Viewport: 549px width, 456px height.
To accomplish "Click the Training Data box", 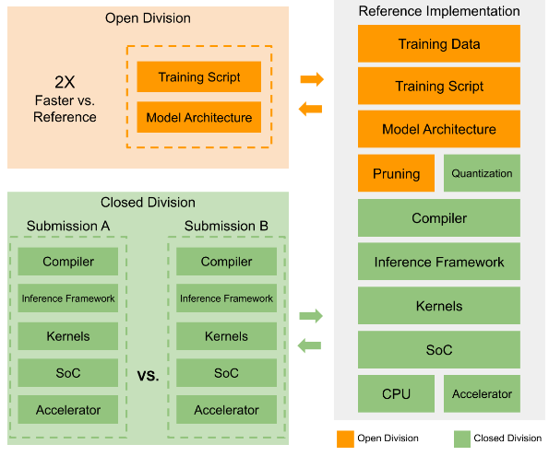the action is [438, 43].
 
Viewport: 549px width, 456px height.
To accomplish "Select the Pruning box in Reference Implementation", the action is [396, 173].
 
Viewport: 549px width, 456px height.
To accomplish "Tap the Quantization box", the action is [482, 173].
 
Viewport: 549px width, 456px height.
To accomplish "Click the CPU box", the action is [396, 393].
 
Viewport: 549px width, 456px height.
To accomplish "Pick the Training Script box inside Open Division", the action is [199, 77].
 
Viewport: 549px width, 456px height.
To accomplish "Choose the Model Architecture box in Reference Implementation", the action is [438, 129].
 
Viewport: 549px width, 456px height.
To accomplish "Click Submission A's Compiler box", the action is [68, 262].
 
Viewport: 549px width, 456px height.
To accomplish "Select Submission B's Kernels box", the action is [226, 336].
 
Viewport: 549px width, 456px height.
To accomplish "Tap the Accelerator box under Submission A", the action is [68, 410].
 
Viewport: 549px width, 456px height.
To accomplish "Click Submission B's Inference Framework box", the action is [226, 298].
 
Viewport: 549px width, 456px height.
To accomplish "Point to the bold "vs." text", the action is [148, 376].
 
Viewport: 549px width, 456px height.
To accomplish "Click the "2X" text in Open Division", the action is [65, 82].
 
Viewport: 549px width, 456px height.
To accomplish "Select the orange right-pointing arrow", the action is [312, 79].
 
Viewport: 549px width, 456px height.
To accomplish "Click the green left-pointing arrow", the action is [309, 345].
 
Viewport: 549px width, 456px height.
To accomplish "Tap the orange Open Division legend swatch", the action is [345, 438].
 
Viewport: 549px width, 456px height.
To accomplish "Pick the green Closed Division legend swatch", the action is [462, 438].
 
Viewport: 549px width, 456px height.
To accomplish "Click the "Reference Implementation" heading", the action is [439, 11].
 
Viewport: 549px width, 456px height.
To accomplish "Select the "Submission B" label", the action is [226, 226].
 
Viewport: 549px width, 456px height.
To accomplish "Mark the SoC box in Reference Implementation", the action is [438, 350].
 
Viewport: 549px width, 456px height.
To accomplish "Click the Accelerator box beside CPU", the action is [482, 393].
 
